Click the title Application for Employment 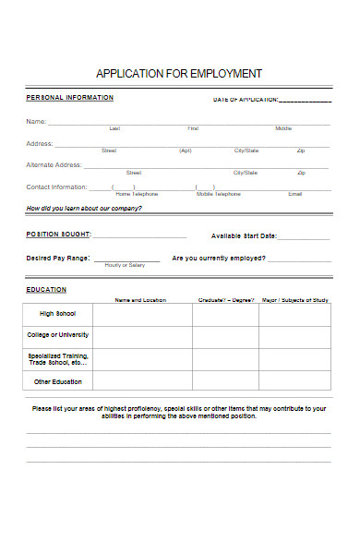(179, 73)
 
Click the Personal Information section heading (70, 97)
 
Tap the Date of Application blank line (305, 101)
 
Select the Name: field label (36, 122)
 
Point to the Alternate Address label (54, 165)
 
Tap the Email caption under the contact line (294, 194)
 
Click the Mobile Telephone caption (219, 194)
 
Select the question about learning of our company (84, 208)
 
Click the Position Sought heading (58, 235)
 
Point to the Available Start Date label (244, 235)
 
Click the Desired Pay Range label (58, 258)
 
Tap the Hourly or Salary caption (125, 266)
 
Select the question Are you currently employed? (219, 258)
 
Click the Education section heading (46, 290)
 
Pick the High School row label (59, 314)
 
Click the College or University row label (58, 335)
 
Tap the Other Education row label (58, 380)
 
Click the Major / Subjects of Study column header (295, 300)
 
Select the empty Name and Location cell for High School (142, 314)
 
